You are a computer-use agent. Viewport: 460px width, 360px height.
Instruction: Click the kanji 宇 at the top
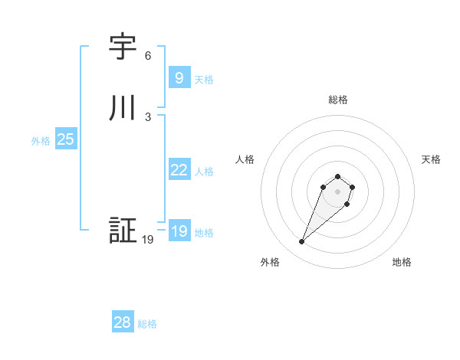pos(123,47)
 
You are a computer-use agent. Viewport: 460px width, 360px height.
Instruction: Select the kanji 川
pos(123,108)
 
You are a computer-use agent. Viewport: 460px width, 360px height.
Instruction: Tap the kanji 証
pos(123,231)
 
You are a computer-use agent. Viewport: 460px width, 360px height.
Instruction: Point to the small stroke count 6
pos(148,56)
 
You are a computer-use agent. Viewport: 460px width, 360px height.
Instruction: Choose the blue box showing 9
pos(179,78)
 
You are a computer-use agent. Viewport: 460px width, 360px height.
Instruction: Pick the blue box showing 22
pos(179,170)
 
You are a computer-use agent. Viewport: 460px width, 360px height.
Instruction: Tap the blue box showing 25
pos(65,139)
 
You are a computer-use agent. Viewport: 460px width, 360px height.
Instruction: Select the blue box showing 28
pos(123,322)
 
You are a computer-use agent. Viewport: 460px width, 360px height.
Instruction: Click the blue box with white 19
pos(179,231)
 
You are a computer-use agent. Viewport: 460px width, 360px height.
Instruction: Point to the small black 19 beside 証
pos(148,240)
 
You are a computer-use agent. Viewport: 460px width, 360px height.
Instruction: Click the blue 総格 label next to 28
pos(147,324)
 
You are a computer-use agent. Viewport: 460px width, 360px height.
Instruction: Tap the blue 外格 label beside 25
pos(41,141)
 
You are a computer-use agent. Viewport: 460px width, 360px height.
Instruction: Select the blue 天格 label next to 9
pos(204,80)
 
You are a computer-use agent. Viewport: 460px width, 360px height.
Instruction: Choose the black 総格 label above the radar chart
pos(338,100)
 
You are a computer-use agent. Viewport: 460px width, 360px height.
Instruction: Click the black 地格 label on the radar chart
pos(402,262)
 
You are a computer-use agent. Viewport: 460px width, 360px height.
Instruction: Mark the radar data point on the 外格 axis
pos(301,242)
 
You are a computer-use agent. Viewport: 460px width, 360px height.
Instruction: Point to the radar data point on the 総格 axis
pos(338,174)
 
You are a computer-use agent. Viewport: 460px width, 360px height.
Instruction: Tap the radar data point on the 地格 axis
pos(347,204)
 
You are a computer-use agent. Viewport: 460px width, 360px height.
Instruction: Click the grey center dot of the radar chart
pos(338,191)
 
